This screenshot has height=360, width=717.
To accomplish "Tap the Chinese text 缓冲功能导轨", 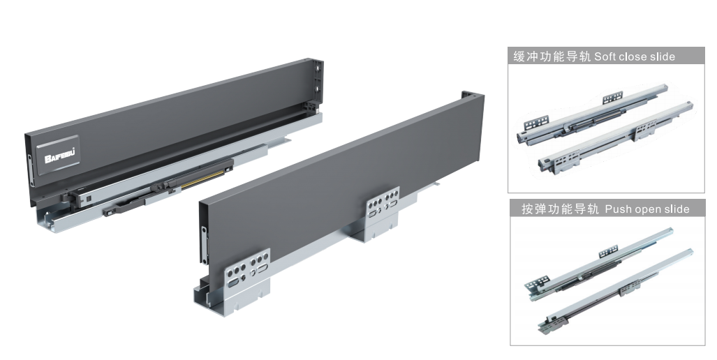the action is [x=552, y=57].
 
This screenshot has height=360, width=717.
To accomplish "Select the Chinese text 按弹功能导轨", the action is [x=560, y=209].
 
